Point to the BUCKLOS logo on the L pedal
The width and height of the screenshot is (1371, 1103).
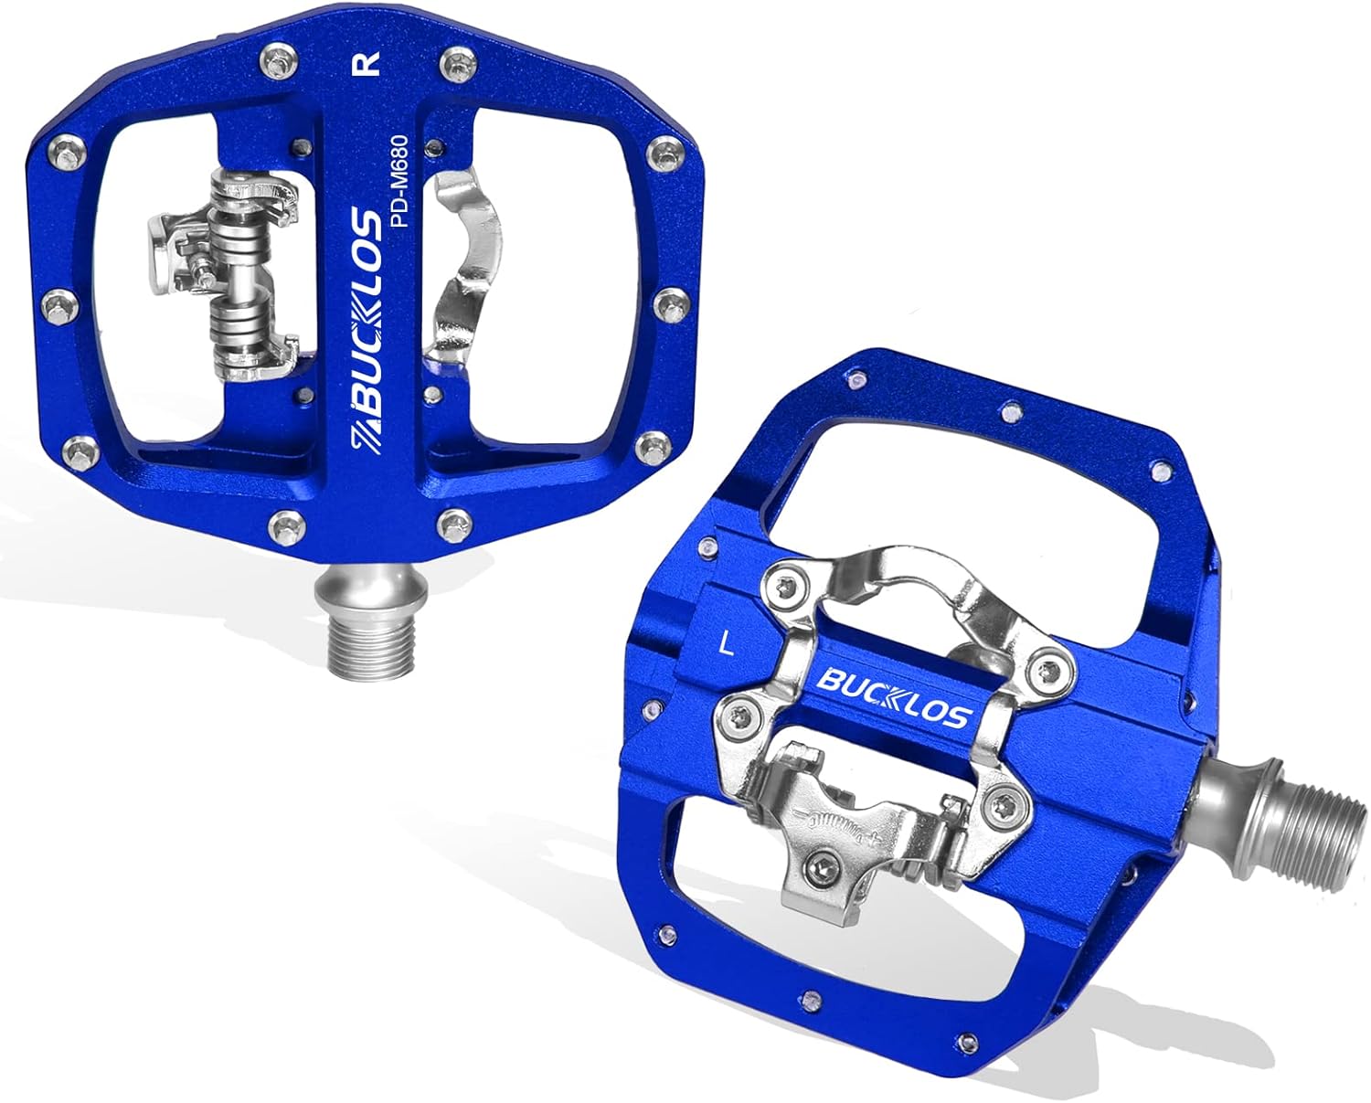coord(890,686)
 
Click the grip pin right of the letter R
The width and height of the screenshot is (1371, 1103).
coord(453,61)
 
